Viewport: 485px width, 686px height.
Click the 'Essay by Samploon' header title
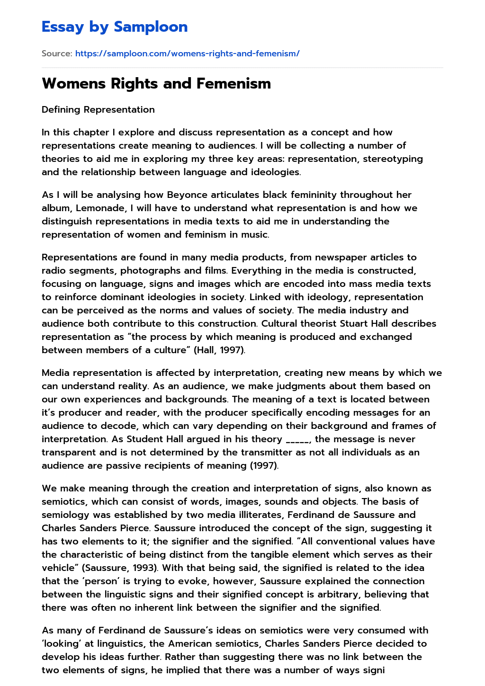115,27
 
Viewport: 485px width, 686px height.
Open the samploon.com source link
187,53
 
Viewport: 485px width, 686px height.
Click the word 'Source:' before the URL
57,53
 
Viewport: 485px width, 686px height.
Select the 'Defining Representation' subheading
98,109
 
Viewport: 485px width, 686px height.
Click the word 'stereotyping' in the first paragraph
393,159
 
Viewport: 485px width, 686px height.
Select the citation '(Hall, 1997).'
219,350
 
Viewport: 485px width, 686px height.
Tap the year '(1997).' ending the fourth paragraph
264,465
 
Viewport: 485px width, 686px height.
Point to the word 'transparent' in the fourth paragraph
70,452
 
